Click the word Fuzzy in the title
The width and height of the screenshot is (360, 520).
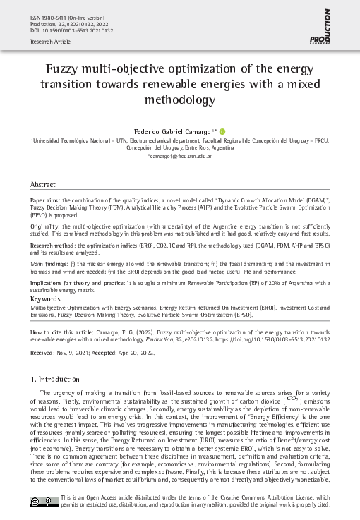(64, 70)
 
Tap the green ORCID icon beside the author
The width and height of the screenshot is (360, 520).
(222, 131)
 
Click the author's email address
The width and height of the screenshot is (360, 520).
(179, 156)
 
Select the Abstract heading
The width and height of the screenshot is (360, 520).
(43, 184)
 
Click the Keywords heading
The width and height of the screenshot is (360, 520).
(45, 299)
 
